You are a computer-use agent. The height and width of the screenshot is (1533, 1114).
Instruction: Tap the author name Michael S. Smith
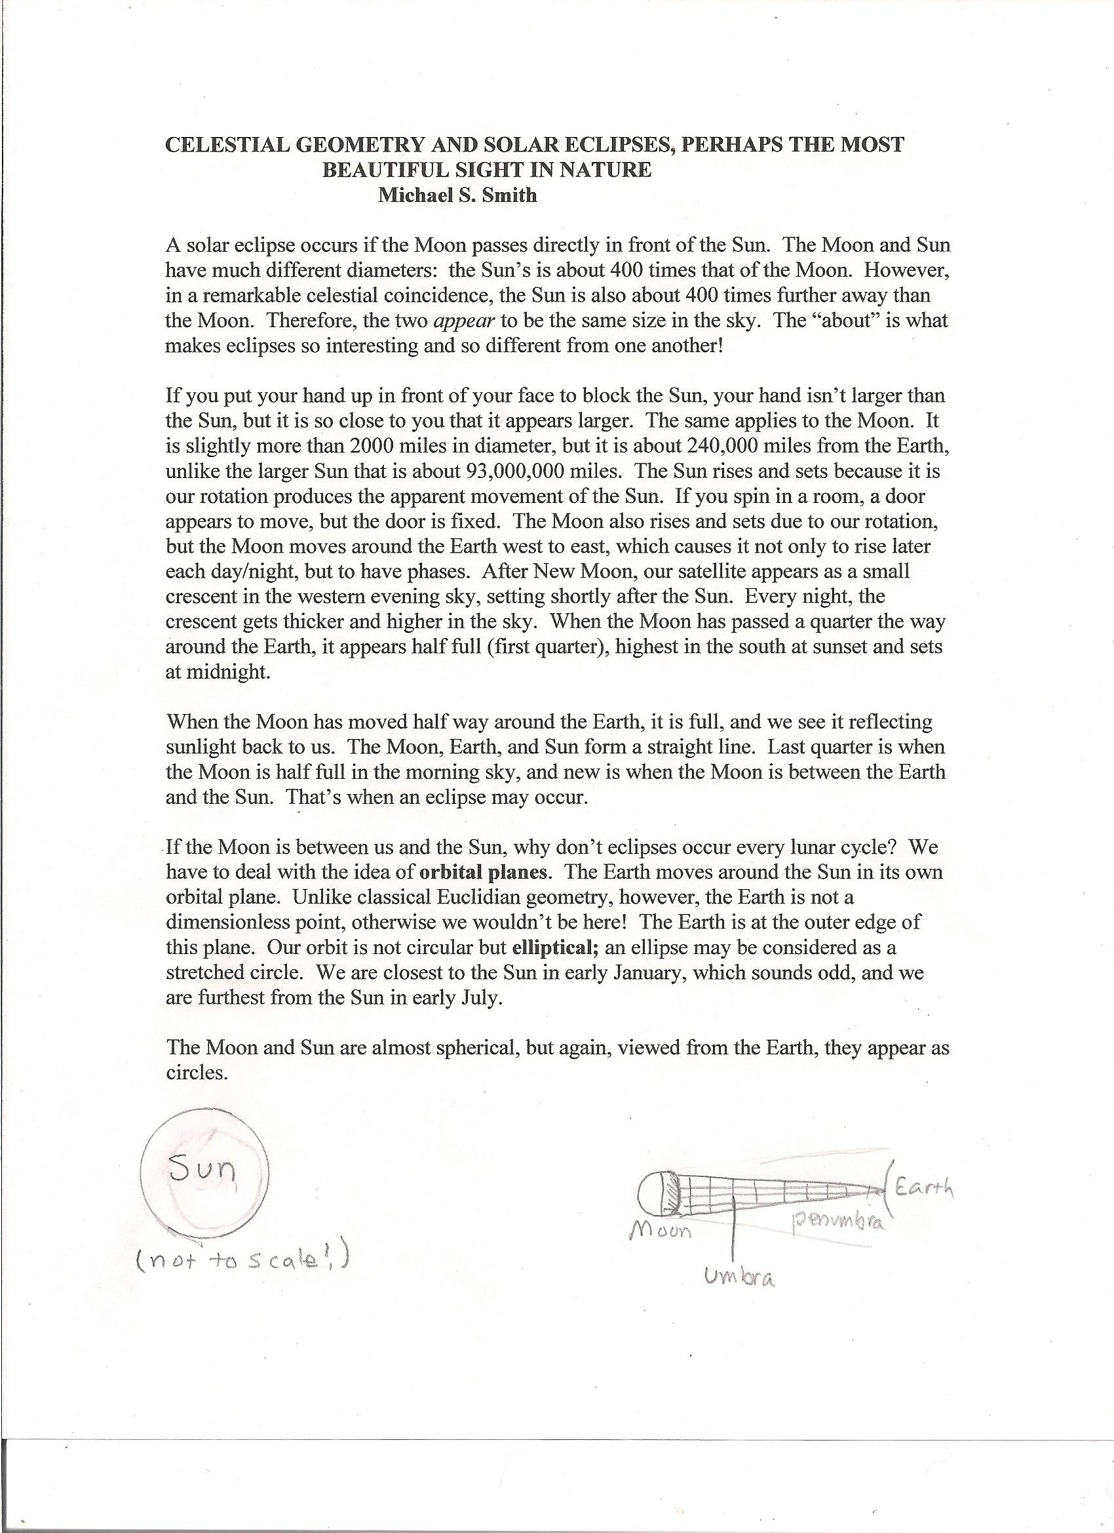tap(457, 195)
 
